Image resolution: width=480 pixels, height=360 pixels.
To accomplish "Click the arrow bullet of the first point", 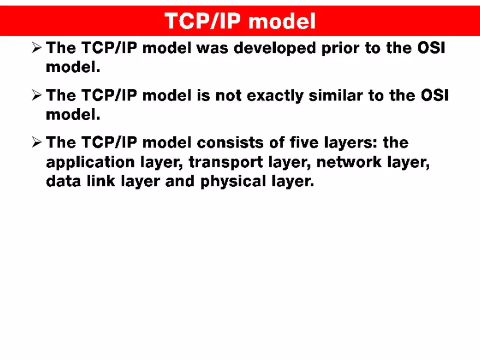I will tap(37, 49).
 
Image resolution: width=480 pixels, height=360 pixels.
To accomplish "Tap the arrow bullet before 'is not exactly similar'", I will tap(37, 96).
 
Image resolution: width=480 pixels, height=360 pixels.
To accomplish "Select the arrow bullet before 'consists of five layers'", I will tap(37, 143).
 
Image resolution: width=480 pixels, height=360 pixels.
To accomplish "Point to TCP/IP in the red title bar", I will tap(202, 21).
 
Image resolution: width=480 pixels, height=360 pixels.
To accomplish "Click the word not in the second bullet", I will tap(228, 96).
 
